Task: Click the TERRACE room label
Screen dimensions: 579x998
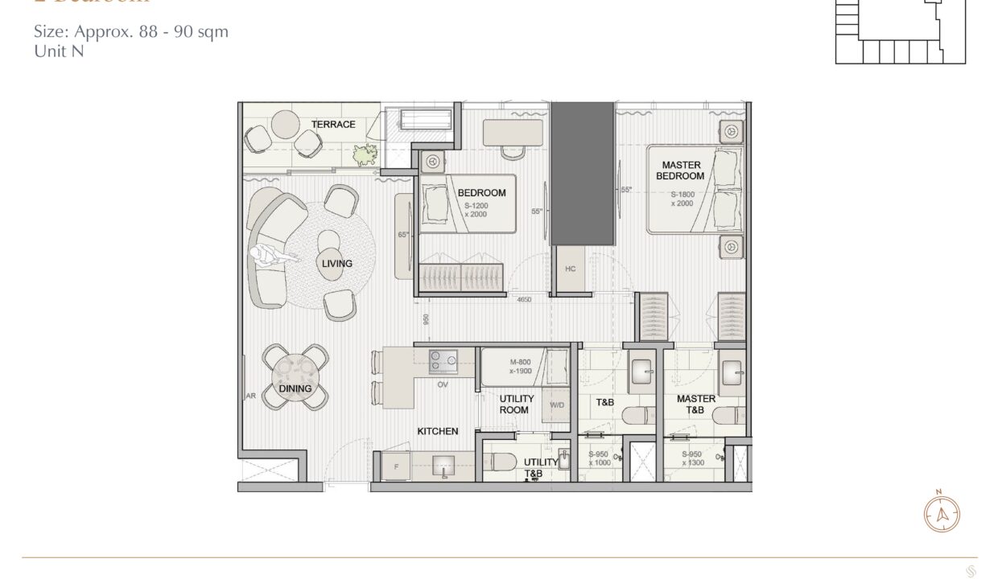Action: tap(333, 125)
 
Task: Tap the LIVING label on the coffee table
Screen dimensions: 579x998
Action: tap(336, 264)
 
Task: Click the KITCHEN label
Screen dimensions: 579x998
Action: tap(437, 432)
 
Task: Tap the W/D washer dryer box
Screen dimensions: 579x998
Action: tap(557, 405)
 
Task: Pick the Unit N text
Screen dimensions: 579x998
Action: tap(59, 51)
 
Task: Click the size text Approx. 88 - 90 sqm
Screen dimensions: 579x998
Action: tap(131, 32)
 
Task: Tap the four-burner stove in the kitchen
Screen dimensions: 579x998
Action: tap(442, 362)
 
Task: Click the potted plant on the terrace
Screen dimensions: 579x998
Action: tap(369, 153)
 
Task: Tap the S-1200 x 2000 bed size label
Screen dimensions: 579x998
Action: tap(476, 210)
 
